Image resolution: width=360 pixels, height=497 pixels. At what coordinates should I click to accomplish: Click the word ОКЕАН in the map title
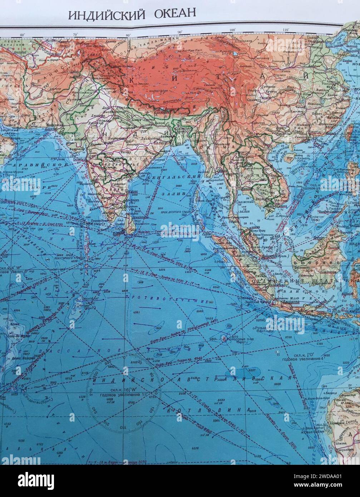175,14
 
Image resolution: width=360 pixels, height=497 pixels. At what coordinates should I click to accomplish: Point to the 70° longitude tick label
75,34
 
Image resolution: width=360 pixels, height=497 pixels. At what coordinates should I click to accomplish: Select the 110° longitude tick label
285,30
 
